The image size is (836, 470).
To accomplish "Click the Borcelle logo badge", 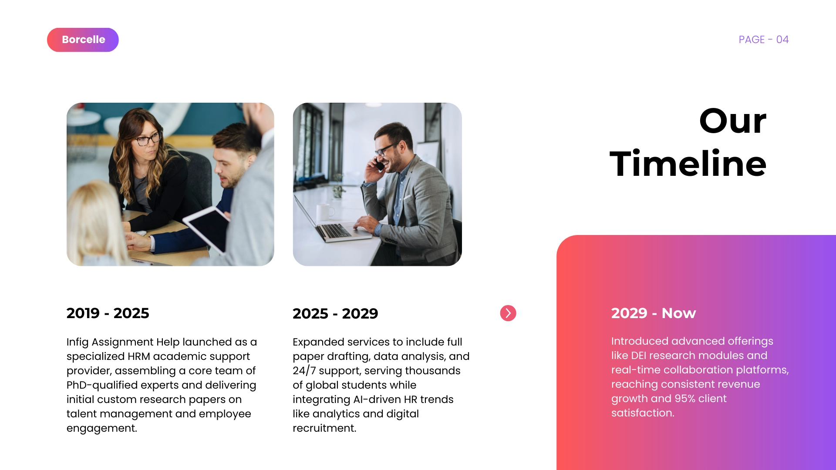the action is (x=83, y=40).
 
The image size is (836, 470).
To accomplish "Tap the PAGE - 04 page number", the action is (x=764, y=40).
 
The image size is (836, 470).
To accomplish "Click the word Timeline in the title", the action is (x=688, y=164).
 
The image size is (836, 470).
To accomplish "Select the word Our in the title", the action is (x=733, y=121).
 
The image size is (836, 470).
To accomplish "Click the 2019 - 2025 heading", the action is (x=108, y=313).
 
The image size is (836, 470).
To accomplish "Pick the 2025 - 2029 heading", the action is (x=335, y=313).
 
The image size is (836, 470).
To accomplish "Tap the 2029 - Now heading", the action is (x=654, y=313).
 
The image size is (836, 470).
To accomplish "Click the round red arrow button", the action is (x=508, y=313).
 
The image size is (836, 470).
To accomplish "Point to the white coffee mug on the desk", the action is (x=324, y=213).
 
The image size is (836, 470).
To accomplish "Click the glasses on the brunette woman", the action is (x=147, y=139).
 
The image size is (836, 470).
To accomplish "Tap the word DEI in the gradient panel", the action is (x=638, y=356).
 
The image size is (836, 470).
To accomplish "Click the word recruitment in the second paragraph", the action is (x=324, y=428).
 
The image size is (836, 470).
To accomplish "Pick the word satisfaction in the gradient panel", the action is (x=643, y=413).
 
